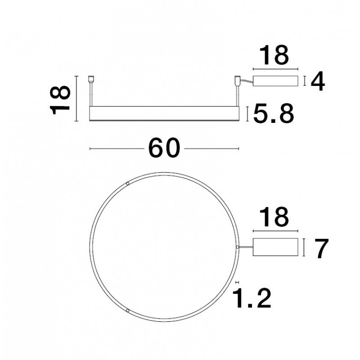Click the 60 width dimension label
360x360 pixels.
click(164, 148)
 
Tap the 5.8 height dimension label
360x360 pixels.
click(273, 114)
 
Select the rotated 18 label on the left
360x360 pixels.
click(60, 100)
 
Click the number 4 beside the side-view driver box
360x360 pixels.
click(318, 81)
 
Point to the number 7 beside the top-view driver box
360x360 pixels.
click(321, 248)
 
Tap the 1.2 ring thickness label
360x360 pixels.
click(252, 298)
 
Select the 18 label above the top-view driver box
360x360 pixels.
click(274, 217)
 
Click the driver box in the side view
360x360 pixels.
click(275, 81)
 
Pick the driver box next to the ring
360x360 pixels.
click(275, 247)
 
